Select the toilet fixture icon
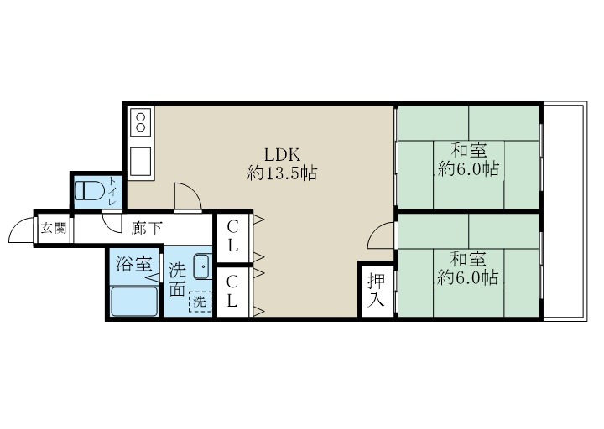(x=89, y=190)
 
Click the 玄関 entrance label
(x=53, y=227)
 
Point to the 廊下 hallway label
(x=147, y=227)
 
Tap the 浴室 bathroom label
(x=133, y=265)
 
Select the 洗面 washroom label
(x=177, y=279)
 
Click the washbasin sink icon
(x=202, y=266)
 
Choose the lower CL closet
(x=232, y=290)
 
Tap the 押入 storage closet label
(x=377, y=290)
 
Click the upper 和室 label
(x=469, y=159)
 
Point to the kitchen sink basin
(x=140, y=161)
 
